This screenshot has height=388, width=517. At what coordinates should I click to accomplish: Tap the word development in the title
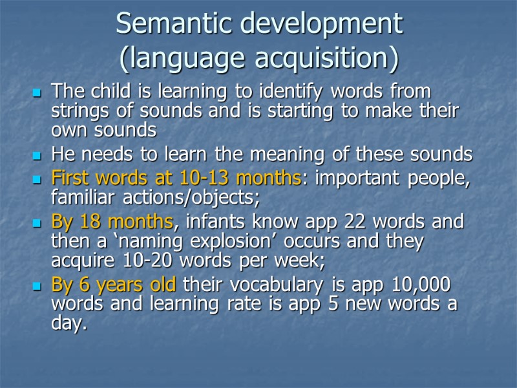321,24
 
